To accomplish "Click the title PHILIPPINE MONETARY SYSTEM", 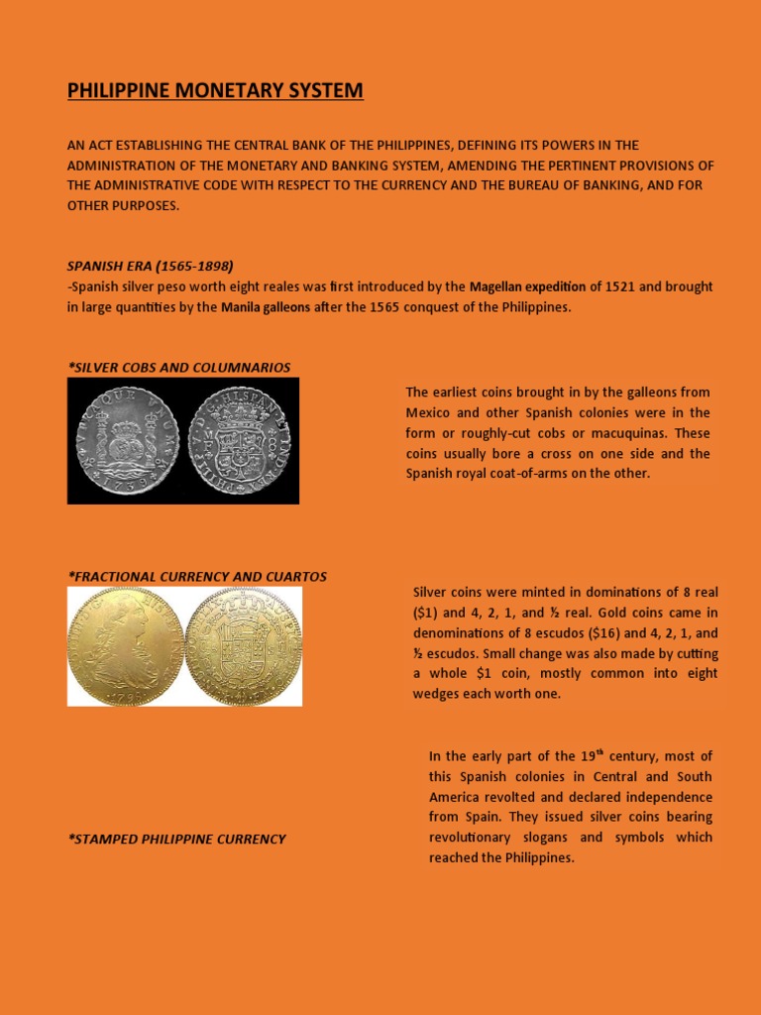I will coord(215,91).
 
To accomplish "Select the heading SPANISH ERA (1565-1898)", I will coord(150,266).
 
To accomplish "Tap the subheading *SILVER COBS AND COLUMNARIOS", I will coord(178,367).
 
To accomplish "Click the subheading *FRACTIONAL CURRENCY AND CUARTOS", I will coord(196,576).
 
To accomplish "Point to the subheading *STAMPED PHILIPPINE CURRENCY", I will coord(176,839).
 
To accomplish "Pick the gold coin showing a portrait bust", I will coord(126,645).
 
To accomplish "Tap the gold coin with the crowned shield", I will coord(243,645).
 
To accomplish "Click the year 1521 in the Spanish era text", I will coord(620,286).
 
